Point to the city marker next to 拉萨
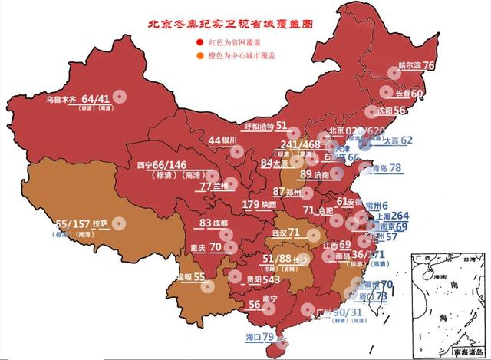click(x=118, y=223)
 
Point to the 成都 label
click(x=220, y=223)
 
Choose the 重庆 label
click(x=197, y=248)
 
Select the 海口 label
click(x=252, y=337)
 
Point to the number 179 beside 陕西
click(x=251, y=205)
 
